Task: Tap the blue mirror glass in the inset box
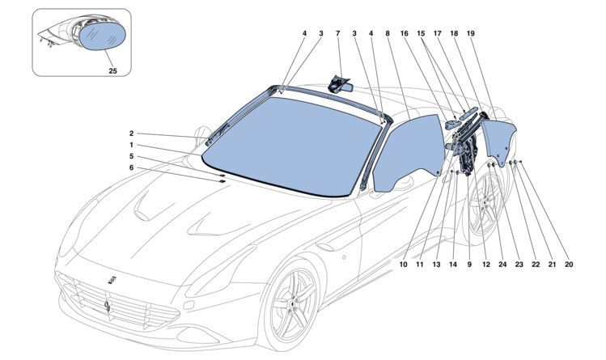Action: pos(105,36)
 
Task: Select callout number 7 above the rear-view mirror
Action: pos(337,35)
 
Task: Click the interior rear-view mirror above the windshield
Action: pos(340,83)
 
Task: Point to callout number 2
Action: pos(130,133)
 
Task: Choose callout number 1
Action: pos(130,146)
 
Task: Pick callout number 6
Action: pos(130,167)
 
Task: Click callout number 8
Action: pos(388,35)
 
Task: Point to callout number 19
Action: pos(472,35)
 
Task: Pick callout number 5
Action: pos(130,156)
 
